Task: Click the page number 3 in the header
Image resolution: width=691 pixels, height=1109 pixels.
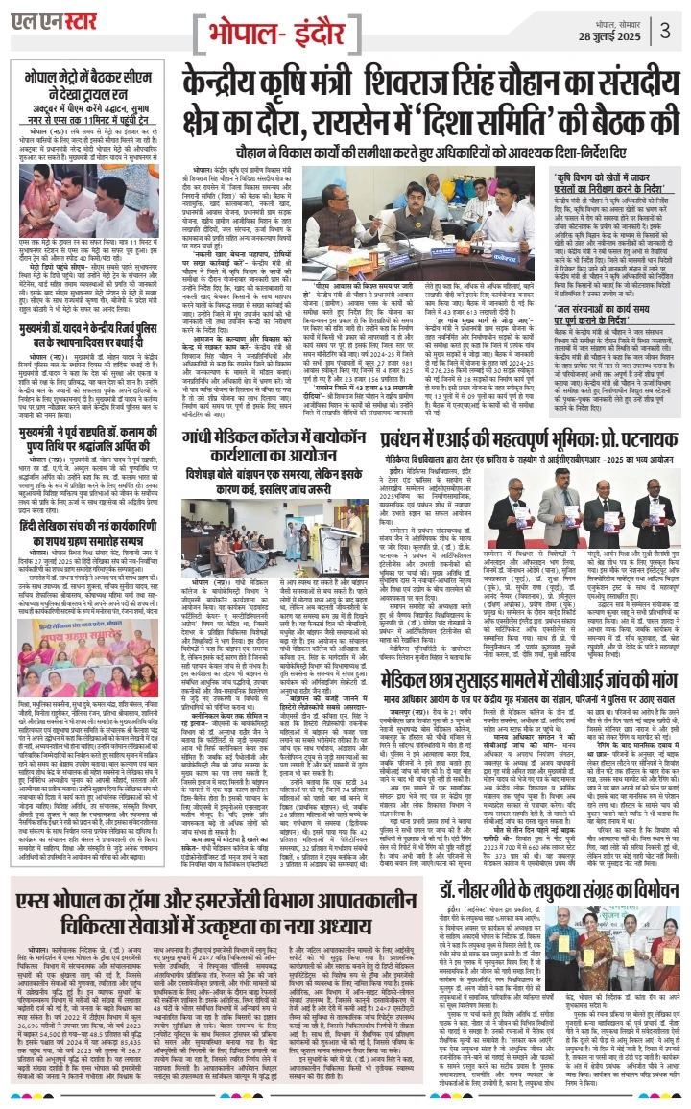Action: pyautogui.click(x=665, y=26)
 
